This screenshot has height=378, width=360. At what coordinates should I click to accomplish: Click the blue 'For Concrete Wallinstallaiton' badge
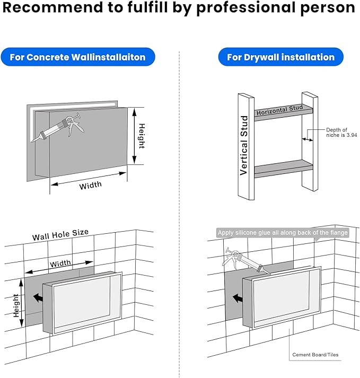[x=77, y=57]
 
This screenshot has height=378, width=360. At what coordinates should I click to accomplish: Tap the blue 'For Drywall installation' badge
[x=280, y=57]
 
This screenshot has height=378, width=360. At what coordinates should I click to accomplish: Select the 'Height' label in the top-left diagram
[x=142, y=136]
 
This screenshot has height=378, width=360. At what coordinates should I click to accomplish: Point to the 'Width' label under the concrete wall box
[x=91, y=186]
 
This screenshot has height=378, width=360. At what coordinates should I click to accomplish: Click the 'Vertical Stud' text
[x=244, y=145]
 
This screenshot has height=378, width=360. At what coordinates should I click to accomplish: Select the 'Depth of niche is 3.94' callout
[x=337, y=133]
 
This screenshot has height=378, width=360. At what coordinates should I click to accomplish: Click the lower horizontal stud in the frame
[x=281, y=169]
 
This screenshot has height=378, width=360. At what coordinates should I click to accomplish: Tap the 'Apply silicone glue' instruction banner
[x=283, y=233]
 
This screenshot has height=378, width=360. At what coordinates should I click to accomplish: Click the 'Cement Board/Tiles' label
[x=315, y=355]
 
